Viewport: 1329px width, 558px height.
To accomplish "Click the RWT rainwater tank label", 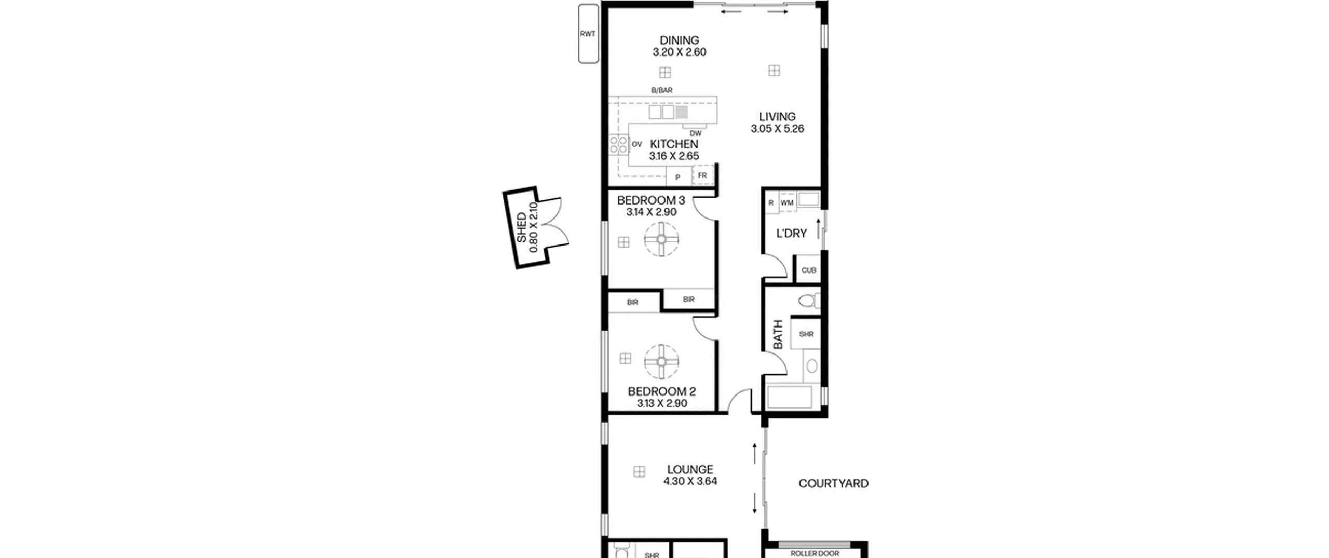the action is coord(588,34).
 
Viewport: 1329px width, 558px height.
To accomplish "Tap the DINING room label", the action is coord(679,40).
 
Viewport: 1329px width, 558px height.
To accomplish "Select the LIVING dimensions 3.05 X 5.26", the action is coord(777,129).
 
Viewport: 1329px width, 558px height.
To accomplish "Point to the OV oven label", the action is coord(637,144).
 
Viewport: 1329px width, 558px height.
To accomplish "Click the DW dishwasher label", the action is coord(696,133).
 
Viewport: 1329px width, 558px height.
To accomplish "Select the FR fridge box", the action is coord(703,175).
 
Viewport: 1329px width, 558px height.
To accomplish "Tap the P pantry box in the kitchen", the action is coord(679,176).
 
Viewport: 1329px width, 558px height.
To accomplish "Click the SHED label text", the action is coord(521,228).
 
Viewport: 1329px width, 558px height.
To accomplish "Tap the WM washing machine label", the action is coord(787,203).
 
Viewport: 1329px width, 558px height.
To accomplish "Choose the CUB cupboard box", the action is coord(809,269).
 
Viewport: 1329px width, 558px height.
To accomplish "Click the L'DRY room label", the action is coord(791,234).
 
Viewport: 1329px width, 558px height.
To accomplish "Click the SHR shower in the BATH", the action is coord(806,334).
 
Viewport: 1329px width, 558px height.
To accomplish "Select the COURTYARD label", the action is coord(833,484).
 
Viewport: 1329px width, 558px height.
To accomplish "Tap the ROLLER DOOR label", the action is coord(815,554).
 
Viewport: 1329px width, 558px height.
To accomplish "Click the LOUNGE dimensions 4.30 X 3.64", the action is coord(690,481).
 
